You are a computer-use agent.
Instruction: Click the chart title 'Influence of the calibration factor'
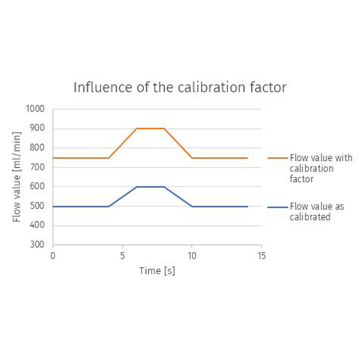point(180,88)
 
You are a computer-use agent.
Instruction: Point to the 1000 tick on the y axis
point(37,109)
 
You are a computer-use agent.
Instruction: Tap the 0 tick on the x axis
point(53,255)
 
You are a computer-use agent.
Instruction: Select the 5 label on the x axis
point(122,255)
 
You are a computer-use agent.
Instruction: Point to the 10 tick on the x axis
point(191,255)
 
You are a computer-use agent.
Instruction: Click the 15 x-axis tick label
point(261,255)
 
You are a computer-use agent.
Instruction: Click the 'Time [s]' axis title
point(157,271)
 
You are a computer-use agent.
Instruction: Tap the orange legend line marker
point(278,158)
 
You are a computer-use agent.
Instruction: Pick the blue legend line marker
point(278,206)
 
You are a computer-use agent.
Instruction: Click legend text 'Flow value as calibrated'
point(316,212)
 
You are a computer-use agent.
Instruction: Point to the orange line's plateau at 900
point(150,128)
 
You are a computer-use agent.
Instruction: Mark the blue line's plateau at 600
point(150,187)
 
